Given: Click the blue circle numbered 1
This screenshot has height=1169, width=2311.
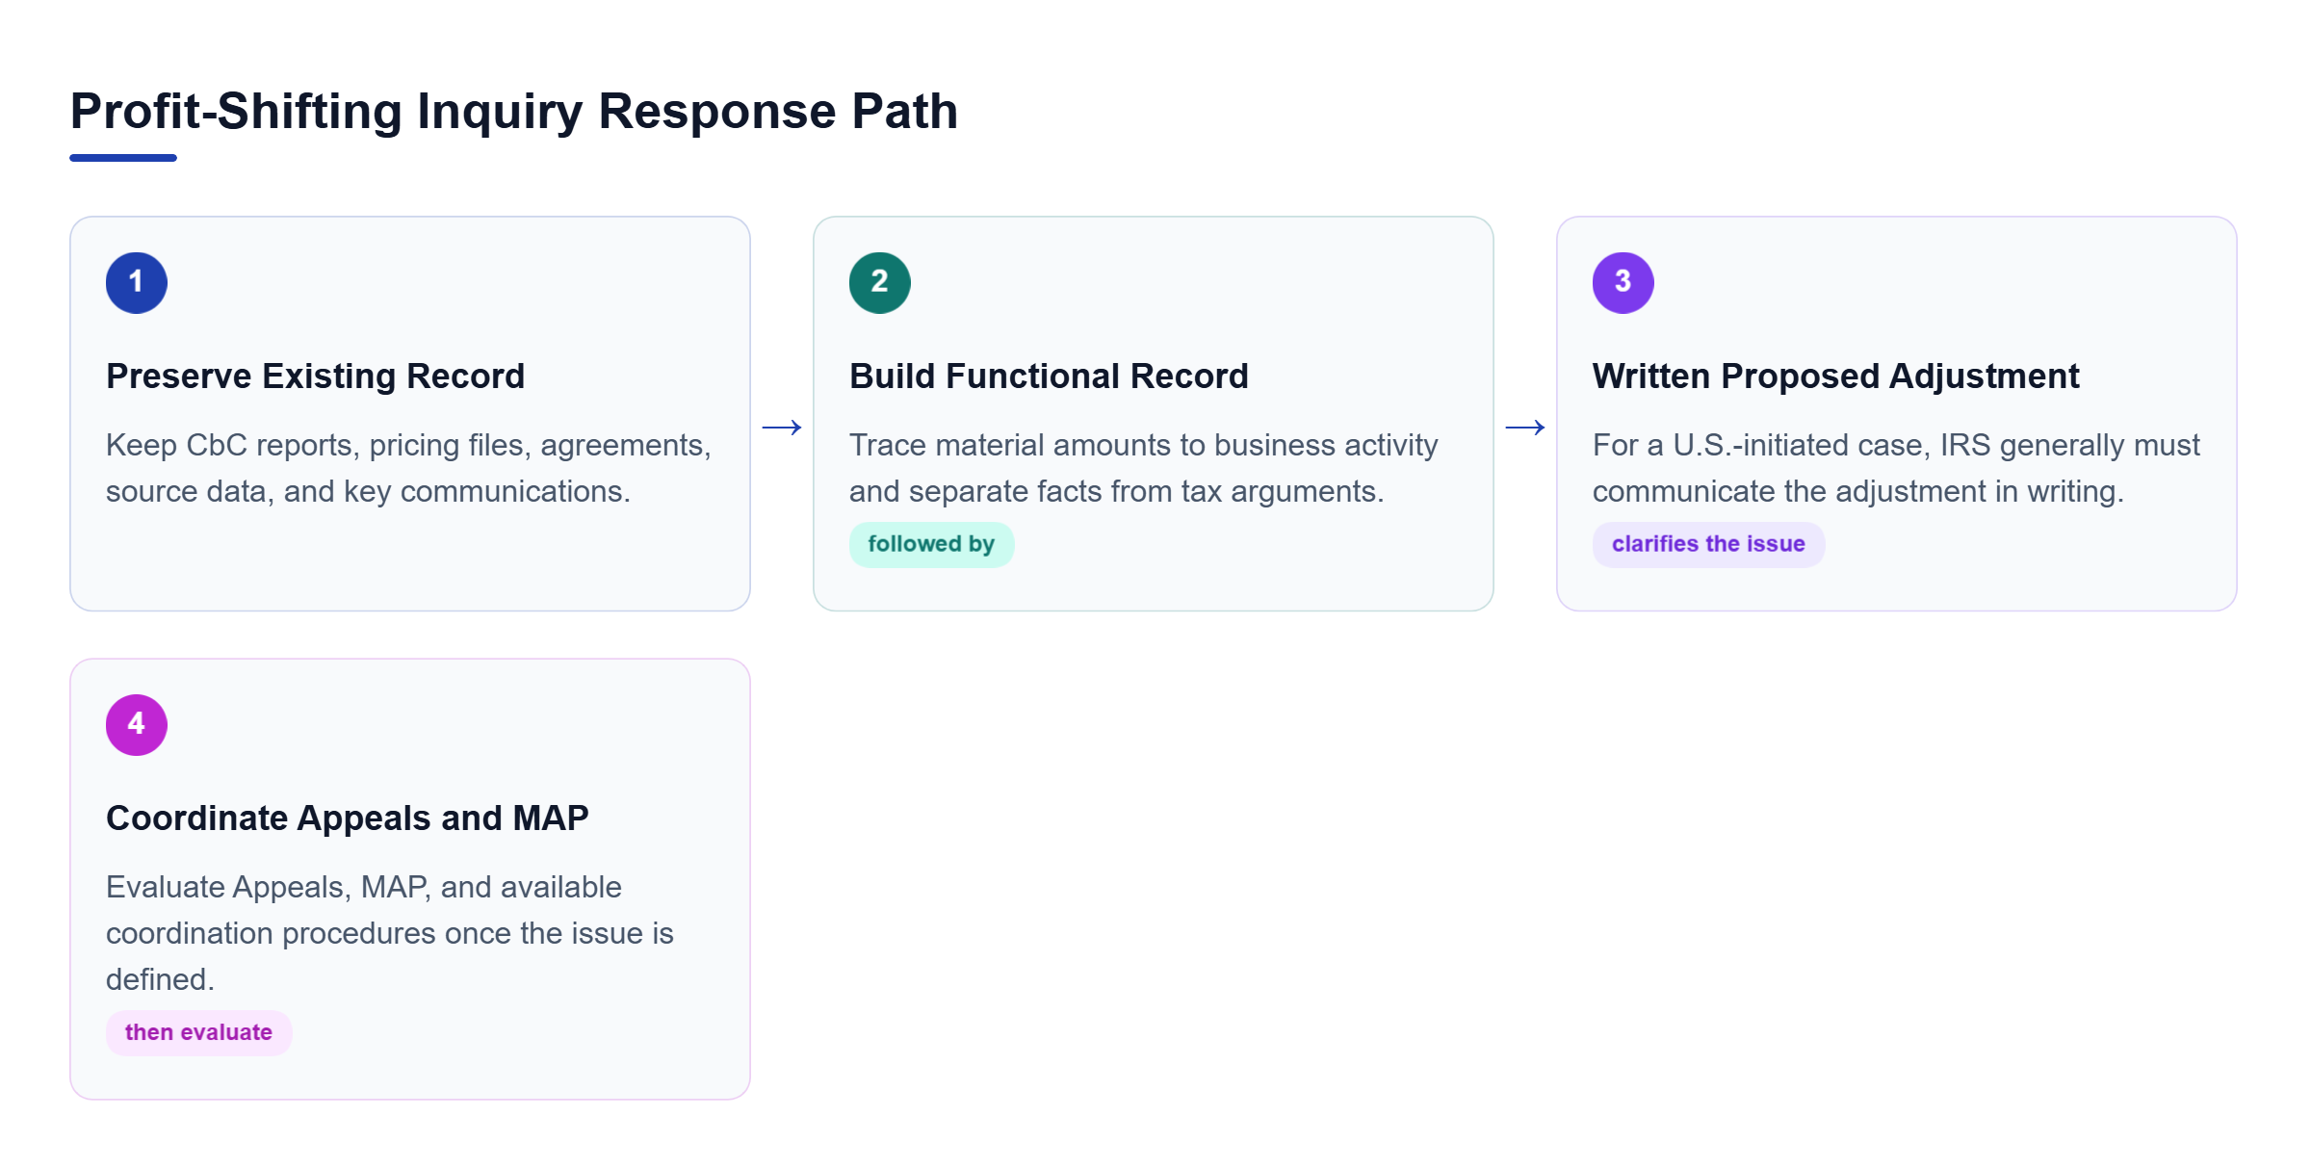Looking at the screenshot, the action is coord(137,283).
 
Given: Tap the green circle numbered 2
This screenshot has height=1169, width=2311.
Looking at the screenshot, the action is coord(880,283).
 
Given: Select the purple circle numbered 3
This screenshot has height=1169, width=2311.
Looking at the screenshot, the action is coord(1623,283).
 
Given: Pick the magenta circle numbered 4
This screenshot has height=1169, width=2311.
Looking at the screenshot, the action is coord(137,725).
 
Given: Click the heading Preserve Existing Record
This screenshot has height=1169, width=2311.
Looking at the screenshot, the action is coord(316,376).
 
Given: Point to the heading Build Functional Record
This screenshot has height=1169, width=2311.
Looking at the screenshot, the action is coord(1049,376).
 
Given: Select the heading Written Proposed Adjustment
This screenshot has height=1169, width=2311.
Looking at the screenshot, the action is coord(1836,376).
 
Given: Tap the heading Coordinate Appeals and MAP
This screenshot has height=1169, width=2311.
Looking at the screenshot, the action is coord(348,818).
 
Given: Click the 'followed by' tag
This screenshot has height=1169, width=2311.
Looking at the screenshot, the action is coord(931,544).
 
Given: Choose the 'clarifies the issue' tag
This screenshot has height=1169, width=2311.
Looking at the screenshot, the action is coord(1709,544).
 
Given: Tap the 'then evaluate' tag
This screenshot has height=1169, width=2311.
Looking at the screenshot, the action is coord(198,1032).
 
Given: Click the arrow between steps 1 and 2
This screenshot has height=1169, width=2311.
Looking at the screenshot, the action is coord(782,428).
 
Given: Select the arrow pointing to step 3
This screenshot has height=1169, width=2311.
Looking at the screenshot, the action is coord(1525,428).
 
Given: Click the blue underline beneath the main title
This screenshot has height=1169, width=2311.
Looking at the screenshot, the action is coord(123,158).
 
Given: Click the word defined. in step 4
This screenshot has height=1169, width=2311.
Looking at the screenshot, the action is coord(160,979).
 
